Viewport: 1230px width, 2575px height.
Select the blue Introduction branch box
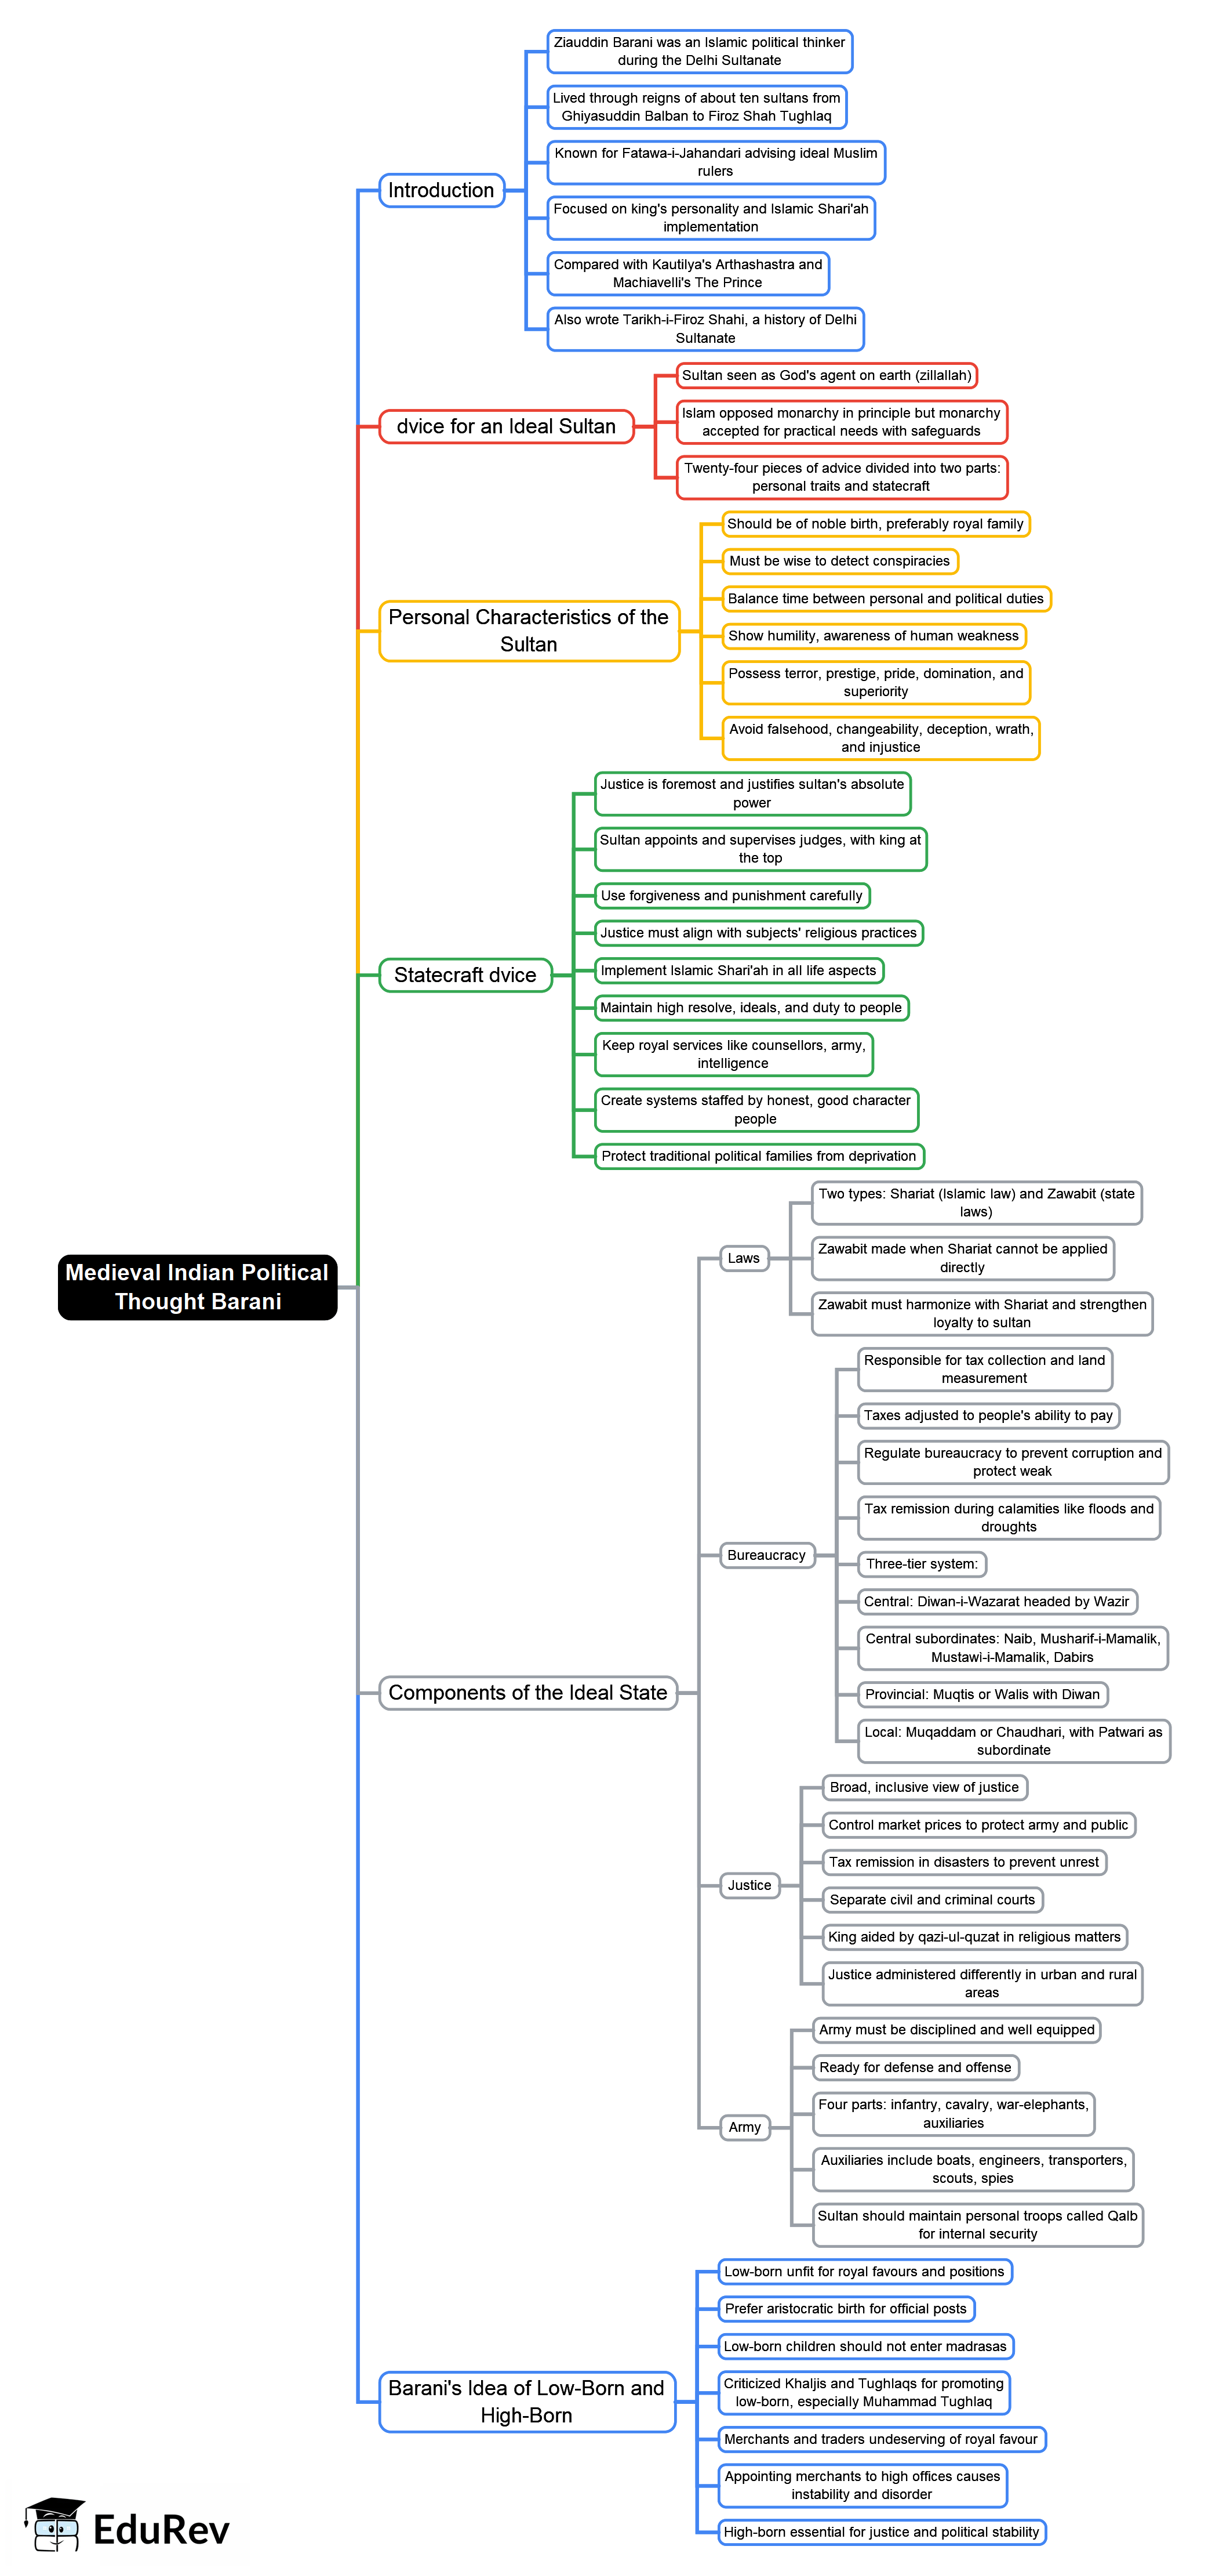click(x=441, y=190)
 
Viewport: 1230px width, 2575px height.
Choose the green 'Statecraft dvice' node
click(x=465, y=975)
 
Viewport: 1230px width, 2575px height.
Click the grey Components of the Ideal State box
click(x=527, y=1692)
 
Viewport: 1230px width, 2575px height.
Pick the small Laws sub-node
click(x=744, y=1258)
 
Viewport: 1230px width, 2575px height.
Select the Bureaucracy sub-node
click(x=766, y=1555)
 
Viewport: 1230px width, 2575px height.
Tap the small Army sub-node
click(x=744, y=2127)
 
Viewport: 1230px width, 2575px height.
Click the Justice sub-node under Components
click(x=749, y=1885)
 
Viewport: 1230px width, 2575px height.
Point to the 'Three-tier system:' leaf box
click(x=921, y=1563)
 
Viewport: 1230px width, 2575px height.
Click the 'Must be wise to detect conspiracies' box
click(x=839, y=561)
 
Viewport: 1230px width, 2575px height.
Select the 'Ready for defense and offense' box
click(x=915, y=2067)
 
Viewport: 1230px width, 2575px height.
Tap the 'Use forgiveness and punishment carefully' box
click(x=732, y=896)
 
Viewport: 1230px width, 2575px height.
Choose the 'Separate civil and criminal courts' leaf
click(x=931, y=1899)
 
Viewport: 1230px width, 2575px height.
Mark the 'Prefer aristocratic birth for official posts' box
click(x=845, y=2309)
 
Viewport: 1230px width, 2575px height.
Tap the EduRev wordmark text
click(x=161, y=2530)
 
